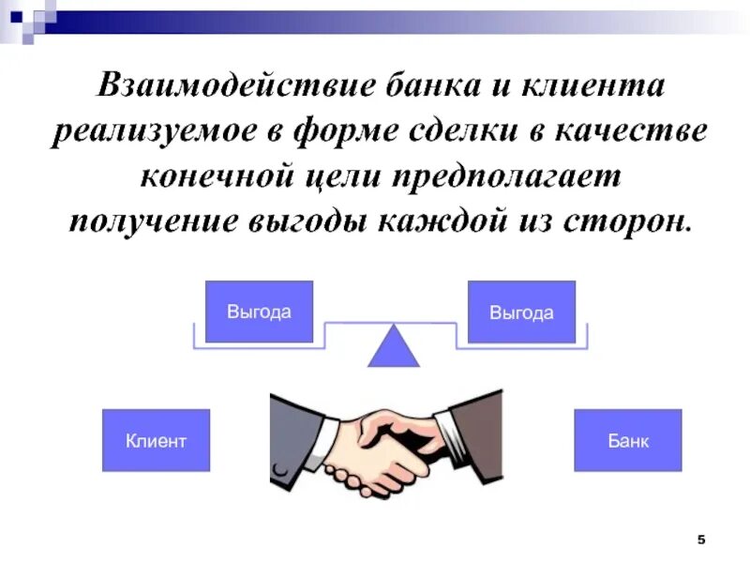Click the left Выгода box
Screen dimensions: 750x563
pyautogui.click(x=259, y=312)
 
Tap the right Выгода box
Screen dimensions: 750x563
pyautogui.click(x=521, y=312)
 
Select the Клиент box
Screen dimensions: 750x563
pyautogui.click(x=156, y=440)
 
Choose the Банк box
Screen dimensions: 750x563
pyautogui.click(x=627, y=440)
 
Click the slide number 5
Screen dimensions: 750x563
pyautogui.click(x=701, y=540)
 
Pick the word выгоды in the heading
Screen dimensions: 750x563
pyautogui.click(x=314, y=220)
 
